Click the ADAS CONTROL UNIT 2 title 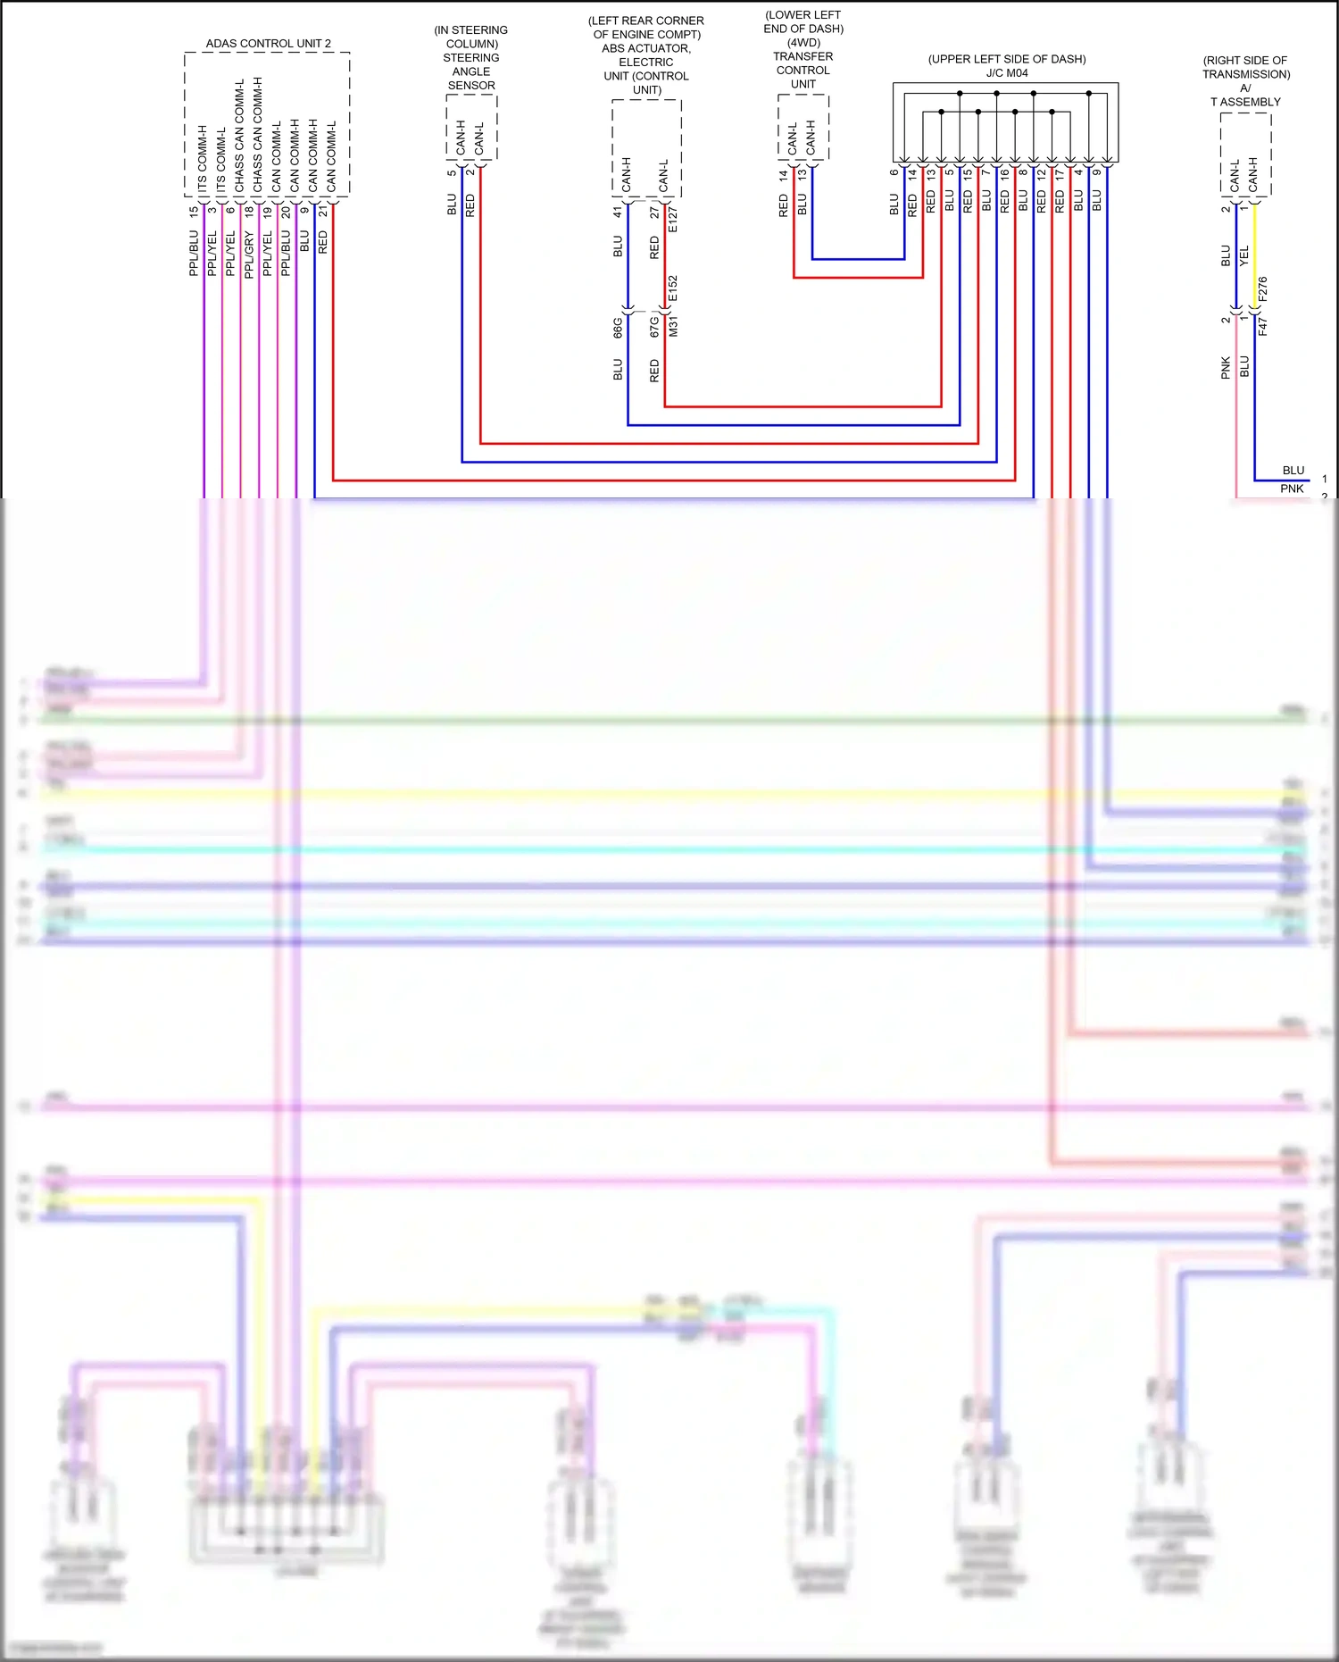point(268,43)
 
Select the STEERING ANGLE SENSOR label point(471,71)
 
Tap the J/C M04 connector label point(1007,73)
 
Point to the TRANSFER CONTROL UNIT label point(803,70)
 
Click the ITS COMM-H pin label point(203,159)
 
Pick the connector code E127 point(673,220)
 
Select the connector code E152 point(673,288)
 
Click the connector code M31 point(673,326)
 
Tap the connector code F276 point(1262,289)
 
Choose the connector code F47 point(1262,326)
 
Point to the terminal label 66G point(618,327)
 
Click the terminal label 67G point(654,326)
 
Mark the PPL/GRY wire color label point(249,255)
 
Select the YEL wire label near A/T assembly point(1244,256)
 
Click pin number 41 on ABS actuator point(617,213)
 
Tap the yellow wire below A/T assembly point(1254,259)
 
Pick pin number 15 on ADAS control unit point(194,212)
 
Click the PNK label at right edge point(1292,489)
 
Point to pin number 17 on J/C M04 point(1060,175)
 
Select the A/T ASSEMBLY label point(1245,95)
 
